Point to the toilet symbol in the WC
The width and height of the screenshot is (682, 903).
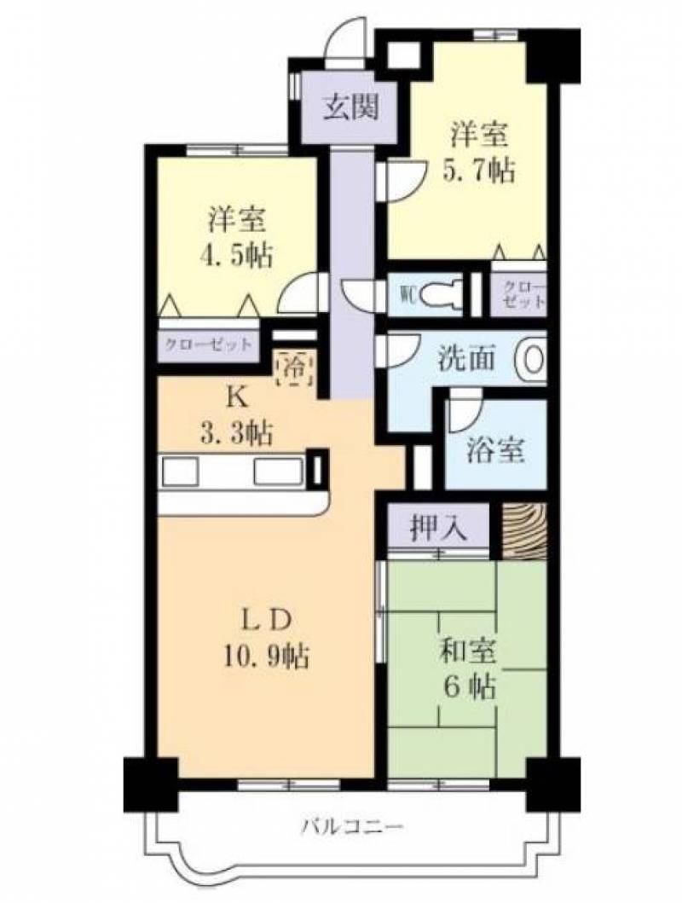tap(440, 296)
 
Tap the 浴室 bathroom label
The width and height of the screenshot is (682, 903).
tap(495, 449)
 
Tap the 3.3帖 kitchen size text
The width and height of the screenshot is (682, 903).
tap(236, 432)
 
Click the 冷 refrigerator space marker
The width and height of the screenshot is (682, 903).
tap(296, 367)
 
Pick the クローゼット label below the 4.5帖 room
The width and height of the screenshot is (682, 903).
tap(208, 345)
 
